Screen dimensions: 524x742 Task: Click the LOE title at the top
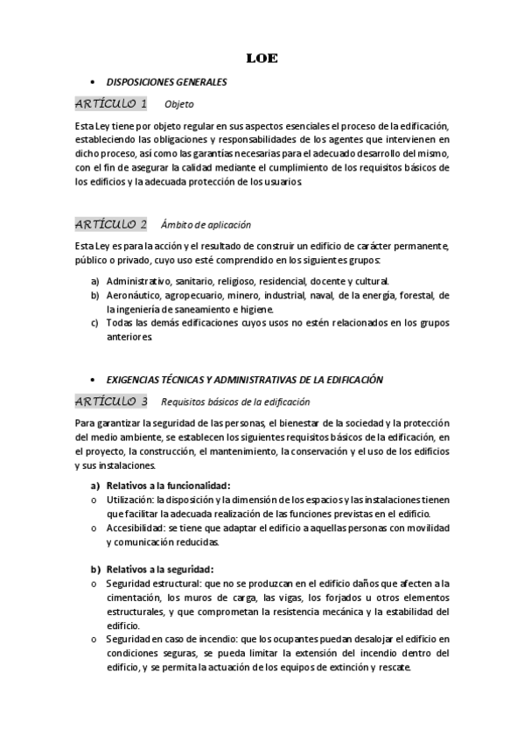(262, 59)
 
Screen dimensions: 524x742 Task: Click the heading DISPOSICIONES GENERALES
(166, 82)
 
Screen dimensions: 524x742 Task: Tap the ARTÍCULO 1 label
(111, 104)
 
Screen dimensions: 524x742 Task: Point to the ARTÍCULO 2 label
(111, 223)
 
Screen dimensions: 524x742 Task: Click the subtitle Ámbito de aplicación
(206, 224)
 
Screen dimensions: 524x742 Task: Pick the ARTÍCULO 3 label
(111, 402)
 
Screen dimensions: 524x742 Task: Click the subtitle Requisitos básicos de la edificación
(235, 402)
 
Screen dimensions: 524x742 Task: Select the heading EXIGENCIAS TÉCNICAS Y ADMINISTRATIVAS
(245, 380)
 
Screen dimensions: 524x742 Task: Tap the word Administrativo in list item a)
(139, 282)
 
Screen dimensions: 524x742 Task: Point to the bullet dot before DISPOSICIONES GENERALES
(92, 82)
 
